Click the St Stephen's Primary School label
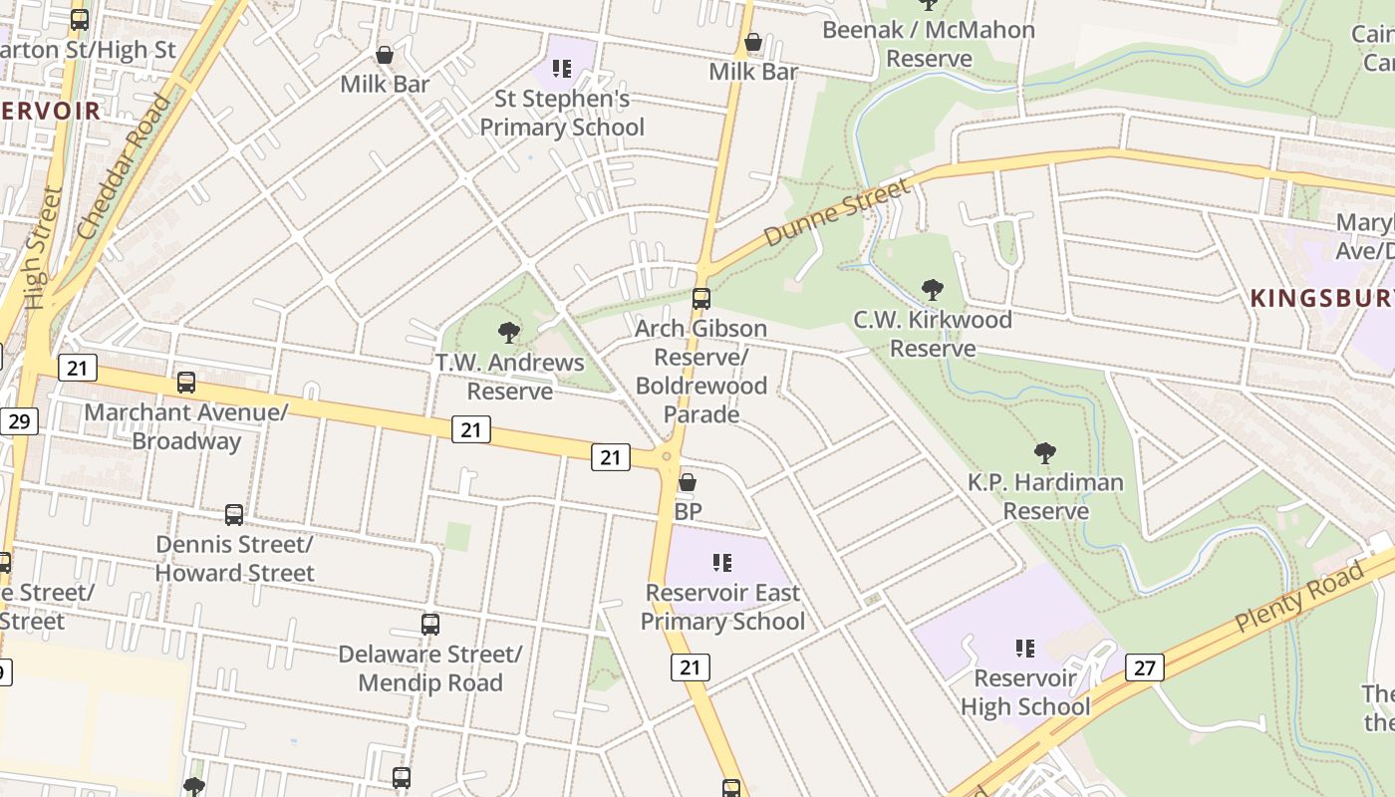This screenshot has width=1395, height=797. click(x=562, y=113)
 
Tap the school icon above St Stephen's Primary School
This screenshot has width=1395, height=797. click(x=562, y=69)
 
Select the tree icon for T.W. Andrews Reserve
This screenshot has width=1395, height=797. click(x=509, y=333)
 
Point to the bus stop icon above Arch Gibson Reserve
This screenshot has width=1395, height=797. click(x=701, y=298)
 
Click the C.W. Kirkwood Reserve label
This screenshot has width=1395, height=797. click(x=932, y=334)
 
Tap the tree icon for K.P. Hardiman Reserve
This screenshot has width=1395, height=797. click(x=1045, y=453)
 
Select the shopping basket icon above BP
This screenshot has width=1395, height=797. click(x=688, y=483)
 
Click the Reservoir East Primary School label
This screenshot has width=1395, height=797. click(x=722, y=607)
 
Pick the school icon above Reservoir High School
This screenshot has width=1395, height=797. click(x=1025, y=649)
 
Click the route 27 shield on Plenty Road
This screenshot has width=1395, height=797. click(x=1145, y=667)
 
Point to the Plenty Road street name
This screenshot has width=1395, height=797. click(x=1298, y=598)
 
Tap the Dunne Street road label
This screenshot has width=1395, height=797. click(x=837, y=212)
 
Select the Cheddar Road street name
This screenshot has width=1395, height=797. click(x=124, y=166)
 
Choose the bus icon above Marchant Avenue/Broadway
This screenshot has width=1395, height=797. click(x=186, y=383)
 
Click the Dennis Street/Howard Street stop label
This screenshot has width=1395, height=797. click(x=235, y=559)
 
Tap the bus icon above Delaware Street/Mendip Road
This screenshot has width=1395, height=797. click(x=430, y=625)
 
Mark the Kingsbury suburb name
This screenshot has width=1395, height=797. click(x=1321, y=298)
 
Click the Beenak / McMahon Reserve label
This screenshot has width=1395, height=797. click(x=929, y=44)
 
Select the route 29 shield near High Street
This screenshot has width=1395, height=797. click(x=18, y=421)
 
